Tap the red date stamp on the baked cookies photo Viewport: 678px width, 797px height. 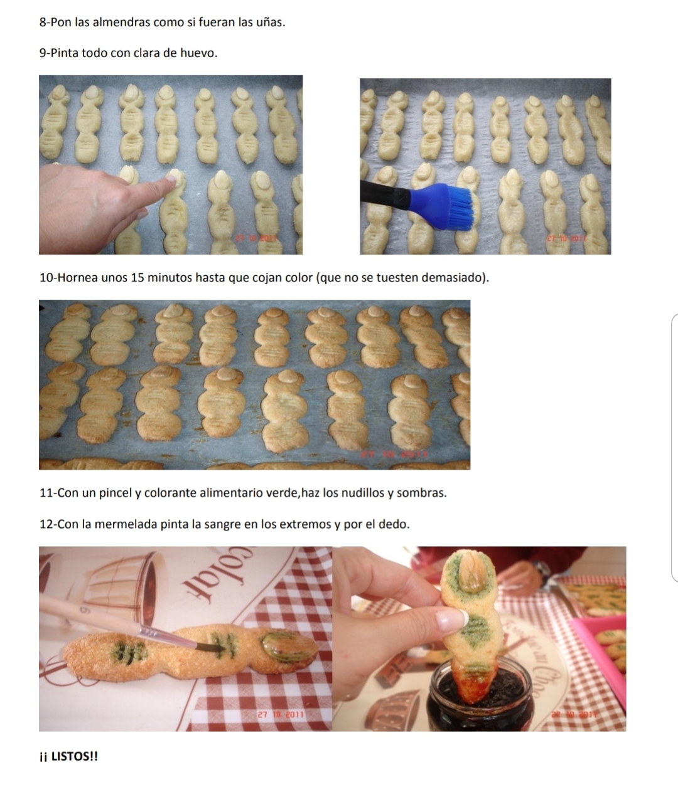[x=394, y=454]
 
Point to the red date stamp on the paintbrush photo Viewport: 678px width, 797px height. [x=281, y=714]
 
